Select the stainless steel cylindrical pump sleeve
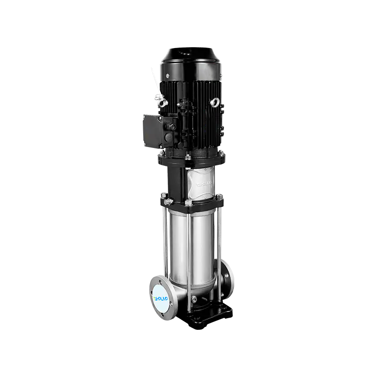[x=200, y=245]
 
